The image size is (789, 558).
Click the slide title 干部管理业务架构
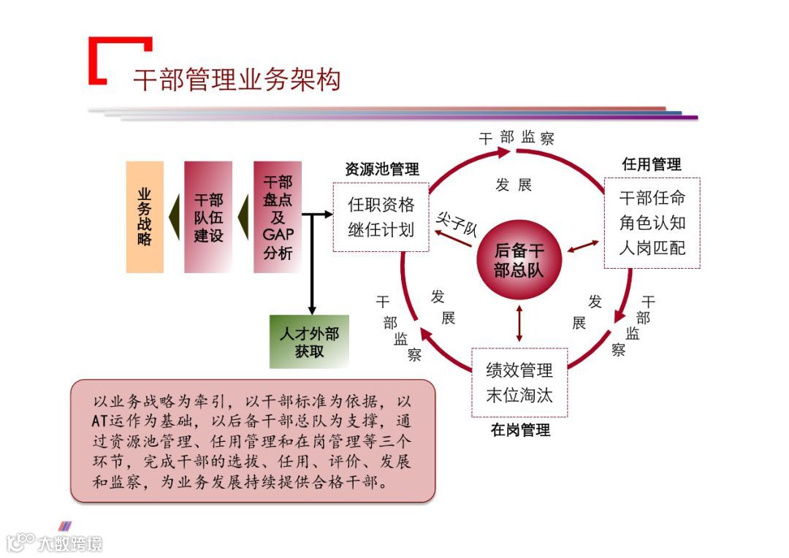(x=237, y=80)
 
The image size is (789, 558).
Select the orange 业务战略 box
(x=145, y=217)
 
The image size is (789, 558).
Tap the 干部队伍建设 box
(x=208, y=217)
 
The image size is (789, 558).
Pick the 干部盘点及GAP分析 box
(x=277, y=217)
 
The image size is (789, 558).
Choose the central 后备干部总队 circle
(x=519, y=260)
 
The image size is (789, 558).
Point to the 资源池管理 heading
(x=382, y=169)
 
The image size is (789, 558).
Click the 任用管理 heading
(x=651, y=164)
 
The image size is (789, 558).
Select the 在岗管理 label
(x=520, y=429)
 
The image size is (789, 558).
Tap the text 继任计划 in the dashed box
(x=381, y=229)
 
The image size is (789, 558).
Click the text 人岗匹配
(x=652, y=248)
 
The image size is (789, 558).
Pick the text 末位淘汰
(x=519, y=396)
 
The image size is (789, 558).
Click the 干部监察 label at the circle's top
(x=517, y=137)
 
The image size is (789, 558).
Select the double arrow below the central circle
(x=519, y=322)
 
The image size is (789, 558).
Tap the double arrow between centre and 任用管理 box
(x=582, y=248)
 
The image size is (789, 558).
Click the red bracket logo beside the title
(x=117, y=58)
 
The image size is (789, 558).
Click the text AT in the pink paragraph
(x=99, y=421)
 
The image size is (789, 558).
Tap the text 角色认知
(x=652, y=223)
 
